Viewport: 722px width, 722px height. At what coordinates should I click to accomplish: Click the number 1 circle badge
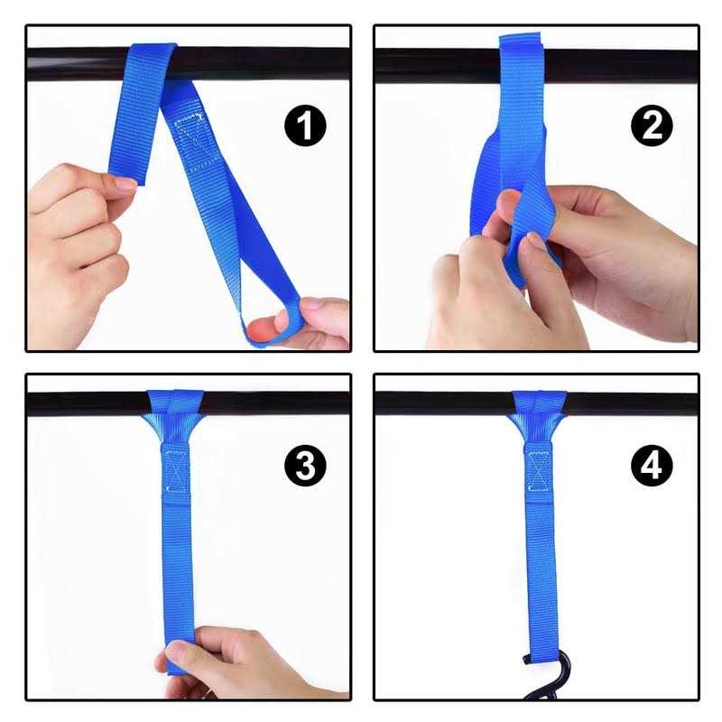pyautogui.click(x=305, y=125)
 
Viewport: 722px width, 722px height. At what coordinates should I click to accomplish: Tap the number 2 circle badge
pyautogui.click(x=652, y=125)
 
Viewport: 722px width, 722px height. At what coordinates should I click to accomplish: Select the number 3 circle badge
pyautogui.click(x=305, y=466)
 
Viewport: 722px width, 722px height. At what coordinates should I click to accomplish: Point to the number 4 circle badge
pyautogui.click(x=652, y=466)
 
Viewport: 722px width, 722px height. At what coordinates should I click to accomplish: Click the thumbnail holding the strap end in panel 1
pyautogui.click(x=125, y=184)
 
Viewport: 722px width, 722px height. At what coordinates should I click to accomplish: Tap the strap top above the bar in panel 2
pyautogui.click(x=521, y=42)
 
